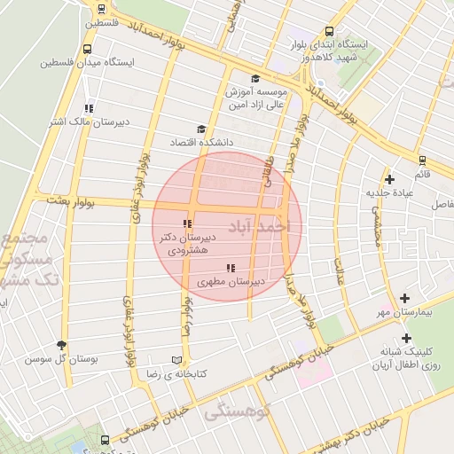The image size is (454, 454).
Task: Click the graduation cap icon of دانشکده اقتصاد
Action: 200,129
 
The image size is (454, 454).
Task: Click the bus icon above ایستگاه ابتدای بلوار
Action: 332,29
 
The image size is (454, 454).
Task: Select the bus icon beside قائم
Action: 422,160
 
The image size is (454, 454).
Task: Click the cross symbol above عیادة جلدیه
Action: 389,179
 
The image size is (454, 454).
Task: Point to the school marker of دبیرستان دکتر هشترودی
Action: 186,223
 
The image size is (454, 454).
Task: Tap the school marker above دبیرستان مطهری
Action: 231,267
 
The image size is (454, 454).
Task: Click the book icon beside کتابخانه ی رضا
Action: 176,360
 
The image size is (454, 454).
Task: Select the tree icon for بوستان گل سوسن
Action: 61,345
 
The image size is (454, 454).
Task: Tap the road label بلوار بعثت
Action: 64,202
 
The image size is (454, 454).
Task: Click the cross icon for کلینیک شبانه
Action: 406,338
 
